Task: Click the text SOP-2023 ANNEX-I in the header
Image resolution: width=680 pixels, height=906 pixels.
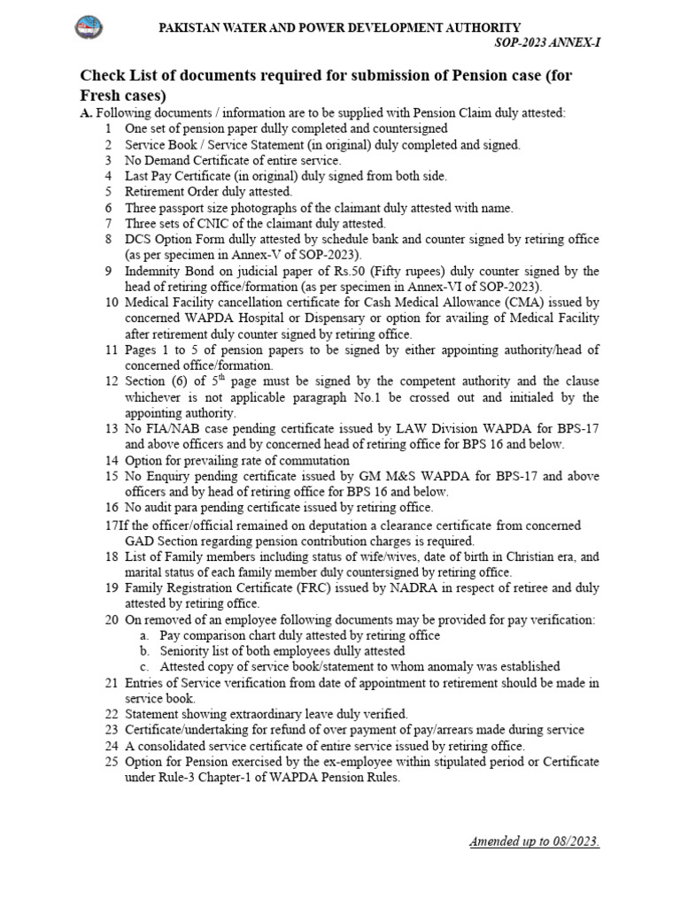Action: click(x=545, y=43)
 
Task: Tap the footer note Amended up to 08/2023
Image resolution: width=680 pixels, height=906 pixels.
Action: click(x=535, y=841)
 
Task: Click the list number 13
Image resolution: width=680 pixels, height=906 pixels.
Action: click(x=111, y=428)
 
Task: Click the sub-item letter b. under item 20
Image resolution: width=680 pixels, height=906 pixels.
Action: click(x=144, y=651)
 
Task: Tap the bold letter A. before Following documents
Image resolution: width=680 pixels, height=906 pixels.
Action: click(x=86, y=112)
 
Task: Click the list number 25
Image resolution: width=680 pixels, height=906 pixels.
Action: click(x=111, y=762)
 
